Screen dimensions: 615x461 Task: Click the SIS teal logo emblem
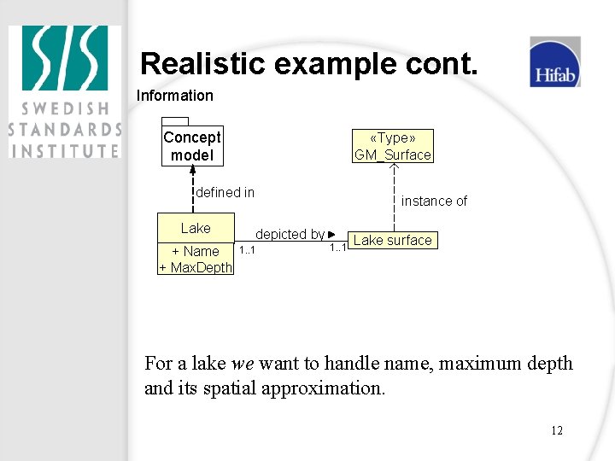(65, 59)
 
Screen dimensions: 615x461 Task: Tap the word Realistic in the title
(206, 63)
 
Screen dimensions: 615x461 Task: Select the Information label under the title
(174, 96)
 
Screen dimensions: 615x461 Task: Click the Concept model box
(192, 146)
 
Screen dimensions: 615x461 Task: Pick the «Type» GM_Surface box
(393, 146)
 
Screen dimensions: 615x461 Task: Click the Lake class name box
(196, 228)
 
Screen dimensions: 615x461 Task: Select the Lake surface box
(392, 240)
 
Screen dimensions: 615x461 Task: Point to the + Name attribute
(196, 251)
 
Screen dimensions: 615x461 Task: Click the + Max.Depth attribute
(196, 267)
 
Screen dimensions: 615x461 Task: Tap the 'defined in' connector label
(225, 192)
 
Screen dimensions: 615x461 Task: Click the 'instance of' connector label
(434, 201)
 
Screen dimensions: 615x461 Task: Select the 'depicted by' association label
(290, 234)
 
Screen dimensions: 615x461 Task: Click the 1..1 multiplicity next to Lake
(247, 250)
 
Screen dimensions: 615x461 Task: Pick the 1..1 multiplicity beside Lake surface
(338, 248)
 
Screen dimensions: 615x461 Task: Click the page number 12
(556, 430)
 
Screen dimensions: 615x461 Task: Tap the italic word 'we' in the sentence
(243, 364)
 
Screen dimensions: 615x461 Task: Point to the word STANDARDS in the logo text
(65, 130)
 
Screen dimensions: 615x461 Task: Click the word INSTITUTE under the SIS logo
(65, 150)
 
